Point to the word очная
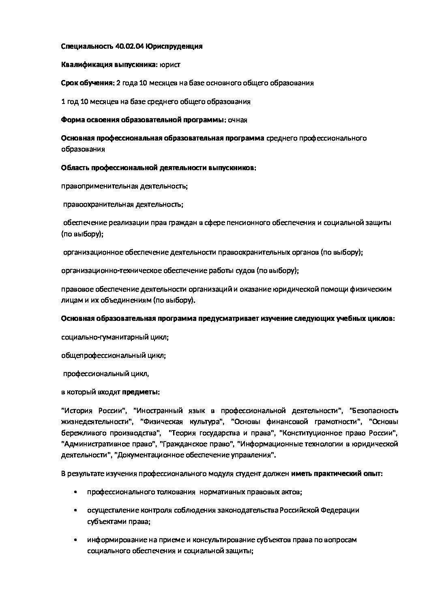[x=238, y=120]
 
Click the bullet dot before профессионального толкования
[x=76, y=492]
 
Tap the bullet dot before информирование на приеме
[x=76, y=540]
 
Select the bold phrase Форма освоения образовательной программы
[x=142, y=120]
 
